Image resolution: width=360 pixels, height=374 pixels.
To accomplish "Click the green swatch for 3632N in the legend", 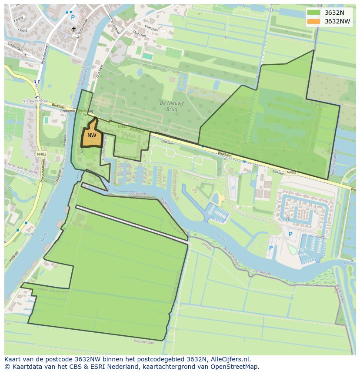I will click(313, 12).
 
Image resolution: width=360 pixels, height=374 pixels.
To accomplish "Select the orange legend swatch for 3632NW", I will click(313, 21).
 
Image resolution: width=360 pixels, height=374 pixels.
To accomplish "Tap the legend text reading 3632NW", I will click(337, 21).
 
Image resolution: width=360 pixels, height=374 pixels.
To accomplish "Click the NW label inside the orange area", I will click(91, 136).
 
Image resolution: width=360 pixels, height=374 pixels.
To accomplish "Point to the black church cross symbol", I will click(74, 29).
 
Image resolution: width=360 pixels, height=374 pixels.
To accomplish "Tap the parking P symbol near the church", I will click(73, 17).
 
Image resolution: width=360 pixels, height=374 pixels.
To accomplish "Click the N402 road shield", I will click(42, 154).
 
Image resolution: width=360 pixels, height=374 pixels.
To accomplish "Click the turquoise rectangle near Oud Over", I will click(148, 56).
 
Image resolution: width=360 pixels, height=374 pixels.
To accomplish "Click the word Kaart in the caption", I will click(13, 359).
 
